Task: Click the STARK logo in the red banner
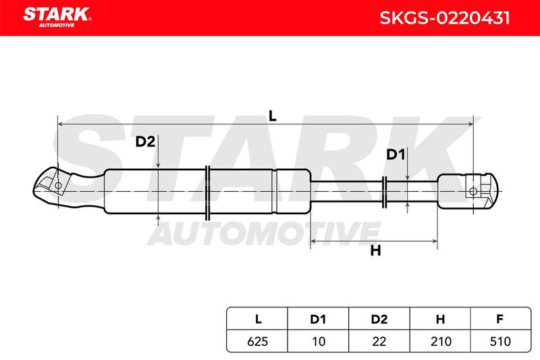point(57,17)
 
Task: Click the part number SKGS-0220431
point(444,18)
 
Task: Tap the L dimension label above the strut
point(273,116)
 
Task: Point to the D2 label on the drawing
point(145,142)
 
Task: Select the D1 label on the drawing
point(396,155)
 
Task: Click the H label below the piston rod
point(376,251)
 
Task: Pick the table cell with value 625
point(258,341)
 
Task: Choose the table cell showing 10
point(319,341)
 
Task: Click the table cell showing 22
point(379,341)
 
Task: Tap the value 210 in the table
point(441,341)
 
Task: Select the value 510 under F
point(500,341)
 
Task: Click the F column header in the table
point(500,319)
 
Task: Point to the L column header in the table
point(259,319)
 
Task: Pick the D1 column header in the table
point(318,319)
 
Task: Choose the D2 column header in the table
point(379,319)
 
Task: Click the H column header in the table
point(441,319)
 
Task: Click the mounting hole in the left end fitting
point(58,185)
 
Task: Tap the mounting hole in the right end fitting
point(473,191)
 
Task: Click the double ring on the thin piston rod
point(384,192)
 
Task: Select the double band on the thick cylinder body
point(208,193)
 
